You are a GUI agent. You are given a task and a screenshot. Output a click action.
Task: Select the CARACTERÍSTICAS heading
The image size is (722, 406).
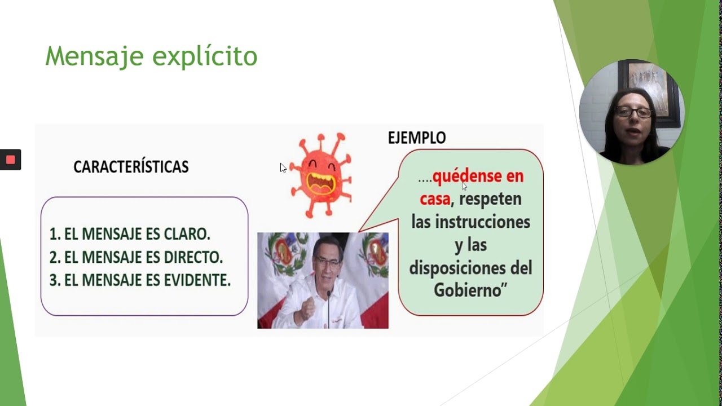click(131, 167)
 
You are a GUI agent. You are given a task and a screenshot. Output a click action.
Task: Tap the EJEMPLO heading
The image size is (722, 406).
click(417, 138)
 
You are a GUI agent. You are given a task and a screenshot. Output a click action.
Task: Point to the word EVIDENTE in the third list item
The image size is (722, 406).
click(197, 280)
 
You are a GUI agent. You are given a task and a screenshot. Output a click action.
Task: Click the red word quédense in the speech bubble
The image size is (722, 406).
click(478, 176)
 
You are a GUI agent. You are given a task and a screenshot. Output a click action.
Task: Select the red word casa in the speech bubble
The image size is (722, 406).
click(435, 199)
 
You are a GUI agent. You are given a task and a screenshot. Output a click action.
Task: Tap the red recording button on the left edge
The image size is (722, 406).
click(10, 160)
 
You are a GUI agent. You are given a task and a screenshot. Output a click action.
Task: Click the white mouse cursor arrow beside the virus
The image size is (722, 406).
click(283, 167)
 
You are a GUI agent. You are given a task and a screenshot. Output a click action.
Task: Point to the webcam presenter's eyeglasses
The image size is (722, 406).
click(633, 112)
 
